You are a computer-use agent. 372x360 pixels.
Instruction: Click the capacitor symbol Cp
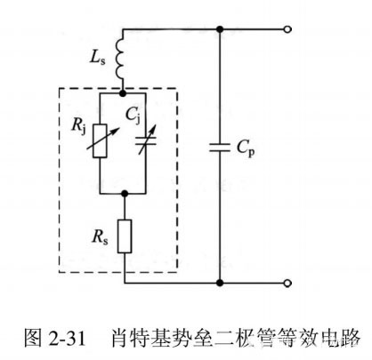pos(220,148)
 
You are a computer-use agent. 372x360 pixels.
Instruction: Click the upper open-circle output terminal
pos(287,29)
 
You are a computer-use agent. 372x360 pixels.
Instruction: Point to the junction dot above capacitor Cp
pos(220,29)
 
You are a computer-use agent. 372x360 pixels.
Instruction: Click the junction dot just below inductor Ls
pos(125,90)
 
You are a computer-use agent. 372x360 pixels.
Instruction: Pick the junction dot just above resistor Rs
pos(125,193)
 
